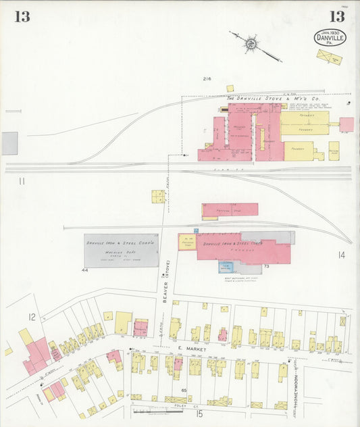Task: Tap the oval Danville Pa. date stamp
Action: tap(330, 37)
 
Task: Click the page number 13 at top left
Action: tap(22, 17)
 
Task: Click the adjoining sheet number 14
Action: tap(341, 255)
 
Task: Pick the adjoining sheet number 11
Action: tap(22, 180)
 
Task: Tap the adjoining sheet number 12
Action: tap(31, 316)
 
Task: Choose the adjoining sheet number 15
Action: tap(199, 413)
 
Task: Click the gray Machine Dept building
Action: tap(121, 250)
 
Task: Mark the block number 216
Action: tap(207, 79)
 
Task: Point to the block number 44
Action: tap(85, 270)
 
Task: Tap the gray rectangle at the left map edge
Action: tap(9, 143)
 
